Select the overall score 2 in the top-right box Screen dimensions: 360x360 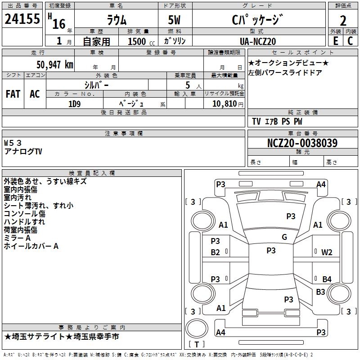(343, 21)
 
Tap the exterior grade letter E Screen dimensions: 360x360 (335, 40)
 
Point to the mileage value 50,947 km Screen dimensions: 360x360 (51, 64)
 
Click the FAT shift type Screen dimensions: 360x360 (13, 94)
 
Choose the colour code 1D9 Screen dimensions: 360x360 (74, 103)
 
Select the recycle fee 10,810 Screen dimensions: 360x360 (223, 103)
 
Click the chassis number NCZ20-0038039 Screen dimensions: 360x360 (302, 143)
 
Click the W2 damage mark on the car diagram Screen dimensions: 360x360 (327, 252)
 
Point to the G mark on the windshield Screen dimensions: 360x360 (284, 237)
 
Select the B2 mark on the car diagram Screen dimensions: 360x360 (216, 252)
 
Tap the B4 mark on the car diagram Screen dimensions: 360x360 (327, 279)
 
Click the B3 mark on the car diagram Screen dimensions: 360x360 (320, 292)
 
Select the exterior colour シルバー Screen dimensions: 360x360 (96, 85)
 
